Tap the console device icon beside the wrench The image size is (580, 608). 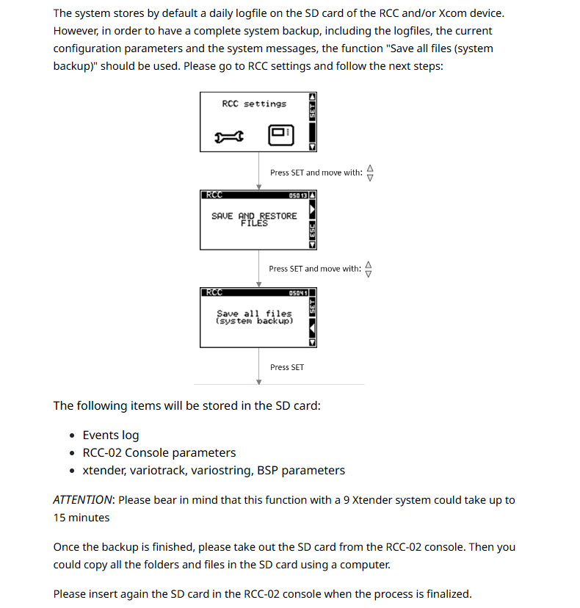(x=280, y=134)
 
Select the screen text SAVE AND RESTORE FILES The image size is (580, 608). (x=254, y=219)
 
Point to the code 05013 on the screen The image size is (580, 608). (x=299, y=195)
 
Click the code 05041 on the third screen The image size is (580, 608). (x=298, y=292)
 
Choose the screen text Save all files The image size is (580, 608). (x=254, y=314)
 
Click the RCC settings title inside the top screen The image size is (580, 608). (x=254, y=104)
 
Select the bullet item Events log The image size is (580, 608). (x=111, y=435)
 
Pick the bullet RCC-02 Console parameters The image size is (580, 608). (x=159, y=453)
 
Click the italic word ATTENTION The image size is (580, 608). (x=83, y=500)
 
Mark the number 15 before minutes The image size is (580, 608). (x=60, y=518)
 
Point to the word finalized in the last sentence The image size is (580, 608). (x=443, y=594)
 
